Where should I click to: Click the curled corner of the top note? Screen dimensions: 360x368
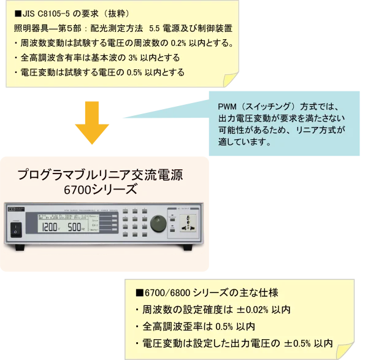(x=228, y=79)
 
